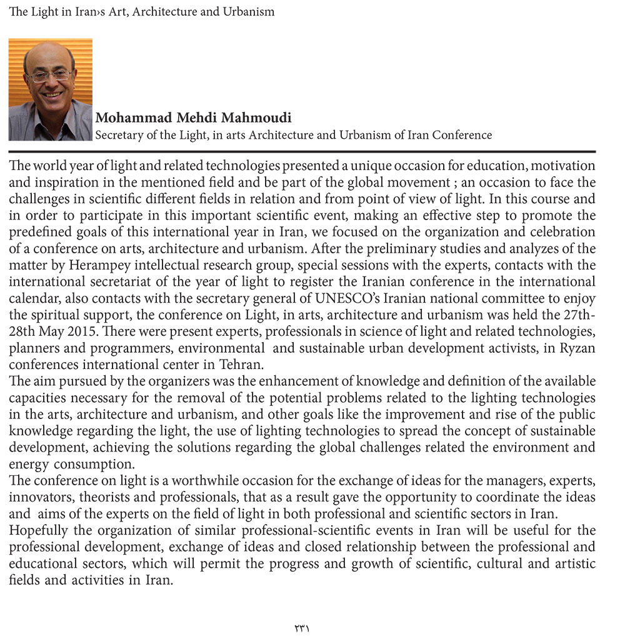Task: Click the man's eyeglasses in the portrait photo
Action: [x=50, y=75]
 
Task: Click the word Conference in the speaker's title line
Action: [x=463, y=135]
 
